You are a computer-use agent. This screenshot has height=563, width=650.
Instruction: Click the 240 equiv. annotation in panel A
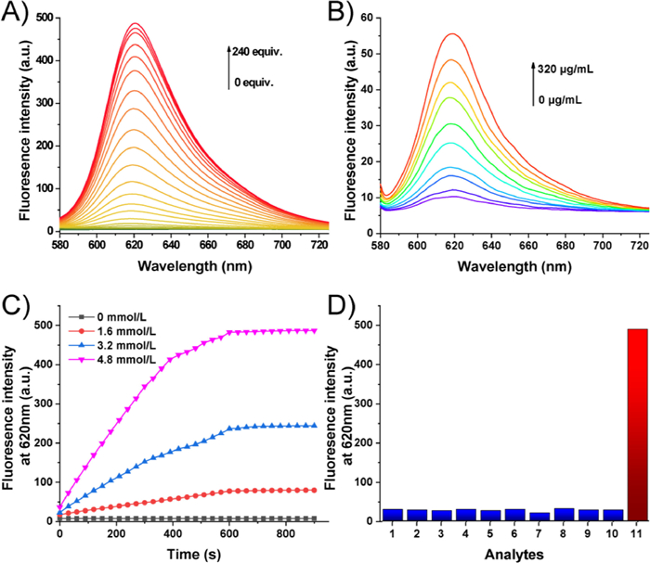click(257, 52)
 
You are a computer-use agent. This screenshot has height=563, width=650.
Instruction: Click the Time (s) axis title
click(186, 553)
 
